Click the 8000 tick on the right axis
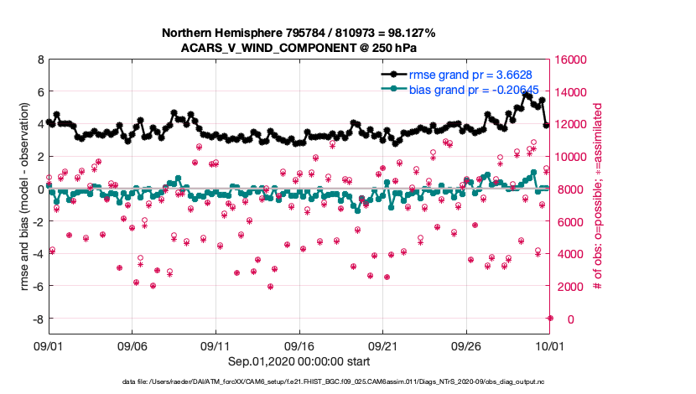(569, 189)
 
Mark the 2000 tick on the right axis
(569, 287)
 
